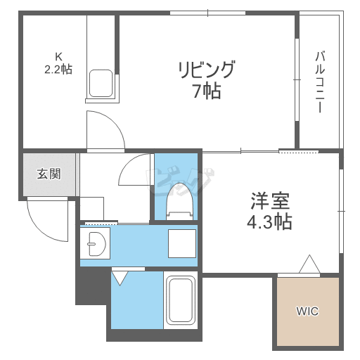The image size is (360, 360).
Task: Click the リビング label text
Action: click(205, 70)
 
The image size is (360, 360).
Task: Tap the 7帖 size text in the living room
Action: click(205, 91)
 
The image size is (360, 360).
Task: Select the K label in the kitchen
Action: click(58, 56)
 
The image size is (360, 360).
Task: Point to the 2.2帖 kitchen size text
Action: click(58, 69)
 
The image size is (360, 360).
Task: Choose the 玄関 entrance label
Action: click(49, 174)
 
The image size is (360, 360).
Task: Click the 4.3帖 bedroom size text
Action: click(269, 222)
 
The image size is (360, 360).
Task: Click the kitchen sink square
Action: click(101, 82)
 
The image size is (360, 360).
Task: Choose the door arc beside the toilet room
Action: click(134, 172)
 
